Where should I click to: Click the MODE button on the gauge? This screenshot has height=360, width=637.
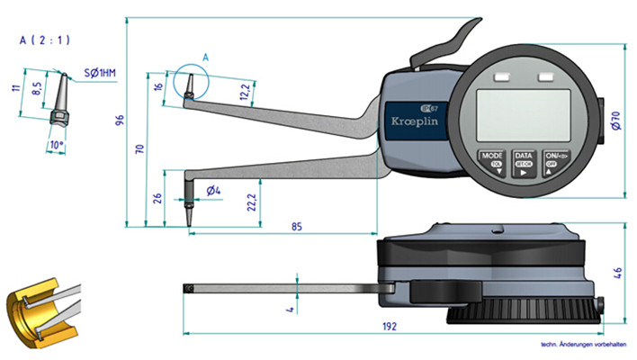click(x=492, y=162)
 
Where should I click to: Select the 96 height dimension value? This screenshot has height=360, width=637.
click(x=120, y=121)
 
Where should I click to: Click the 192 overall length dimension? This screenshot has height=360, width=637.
click(x=389, y=327)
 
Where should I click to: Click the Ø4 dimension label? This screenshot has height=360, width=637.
click(x=213, y=190)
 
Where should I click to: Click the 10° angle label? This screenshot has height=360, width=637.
click(x=57, y=144)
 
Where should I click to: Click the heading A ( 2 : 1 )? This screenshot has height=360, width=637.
click(x=45, y=40)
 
